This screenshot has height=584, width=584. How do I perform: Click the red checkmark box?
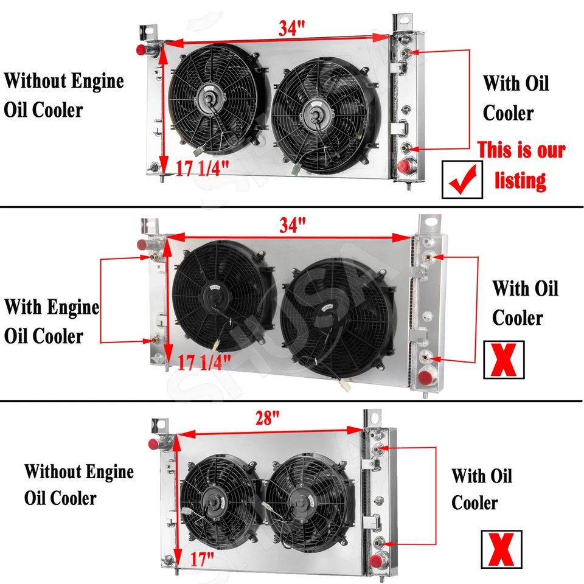click(462, 179)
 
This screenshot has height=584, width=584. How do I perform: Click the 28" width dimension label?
click(267, 418)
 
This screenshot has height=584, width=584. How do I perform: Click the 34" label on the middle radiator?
click(292, 224)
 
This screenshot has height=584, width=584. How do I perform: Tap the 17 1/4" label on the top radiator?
click(203, 167)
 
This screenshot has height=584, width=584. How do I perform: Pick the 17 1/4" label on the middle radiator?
click(205, 363)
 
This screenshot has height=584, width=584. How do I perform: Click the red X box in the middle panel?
click(503, 359)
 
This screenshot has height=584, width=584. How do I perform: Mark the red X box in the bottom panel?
click(501, 548)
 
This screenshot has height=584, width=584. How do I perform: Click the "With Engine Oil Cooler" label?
click(52, 321)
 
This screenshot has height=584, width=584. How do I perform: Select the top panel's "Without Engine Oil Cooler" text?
click(64, 96)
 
